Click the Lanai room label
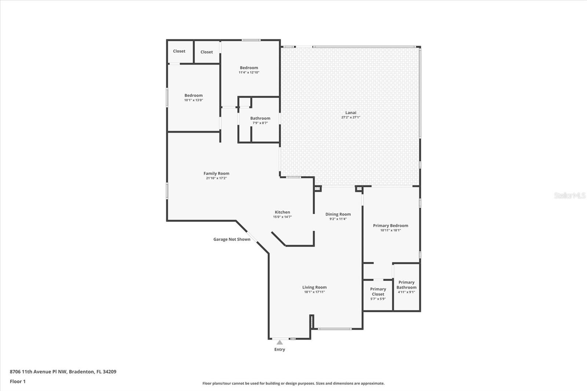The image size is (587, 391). tap(350, 113)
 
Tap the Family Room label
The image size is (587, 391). tap(216, 173)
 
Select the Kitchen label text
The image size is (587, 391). tap(282, 212)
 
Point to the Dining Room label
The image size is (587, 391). tap(338, 214)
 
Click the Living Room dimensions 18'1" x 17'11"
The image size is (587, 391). tap(314, 292)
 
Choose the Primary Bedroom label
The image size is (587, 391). tap(390, 226)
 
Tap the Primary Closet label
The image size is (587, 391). tap(378, 292)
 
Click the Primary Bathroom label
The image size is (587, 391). tap(406, 285)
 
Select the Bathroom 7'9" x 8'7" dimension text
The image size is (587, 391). tap(260, 123)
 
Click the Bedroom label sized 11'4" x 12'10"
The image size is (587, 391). tap(249, 68)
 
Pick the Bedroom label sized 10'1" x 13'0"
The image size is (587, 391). tap(193, 95)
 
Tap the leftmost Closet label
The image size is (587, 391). tap(179, 51)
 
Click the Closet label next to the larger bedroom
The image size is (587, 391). tap(207, 52)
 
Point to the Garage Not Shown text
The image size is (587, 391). tap(231, 239)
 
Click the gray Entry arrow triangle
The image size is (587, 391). tap(280, 342)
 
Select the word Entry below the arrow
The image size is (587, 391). tap(280, 350)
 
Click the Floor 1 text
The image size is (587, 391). tap(18, 381)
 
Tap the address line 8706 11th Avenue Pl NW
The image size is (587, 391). tap(63, 372)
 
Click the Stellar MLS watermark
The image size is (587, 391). tap(569, 195)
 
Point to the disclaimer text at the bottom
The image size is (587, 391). tap(293, 383)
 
